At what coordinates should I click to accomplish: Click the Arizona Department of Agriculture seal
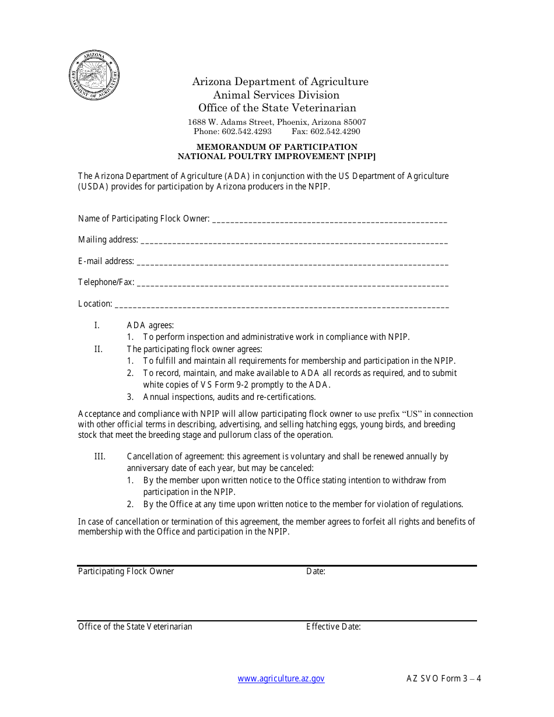point(94,76)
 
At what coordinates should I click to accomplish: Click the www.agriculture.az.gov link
point(281,679)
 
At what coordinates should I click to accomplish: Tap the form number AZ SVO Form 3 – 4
point(444,679)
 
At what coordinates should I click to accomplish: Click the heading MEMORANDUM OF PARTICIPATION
point(276,147)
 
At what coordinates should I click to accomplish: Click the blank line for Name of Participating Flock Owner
point(329,220)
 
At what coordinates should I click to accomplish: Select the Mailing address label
point(108,240)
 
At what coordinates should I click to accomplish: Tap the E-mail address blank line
point(292,263)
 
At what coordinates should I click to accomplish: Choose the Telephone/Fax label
point(106,282)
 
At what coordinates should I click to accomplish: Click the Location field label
point(95,304)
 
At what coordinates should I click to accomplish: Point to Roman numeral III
point(100,456)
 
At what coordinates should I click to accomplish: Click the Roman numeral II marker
point(99,349)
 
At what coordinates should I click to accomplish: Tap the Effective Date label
point(334,627)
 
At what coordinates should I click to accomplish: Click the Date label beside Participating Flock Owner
point(315,571)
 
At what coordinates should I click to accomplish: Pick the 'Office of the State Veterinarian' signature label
point(135,627)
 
